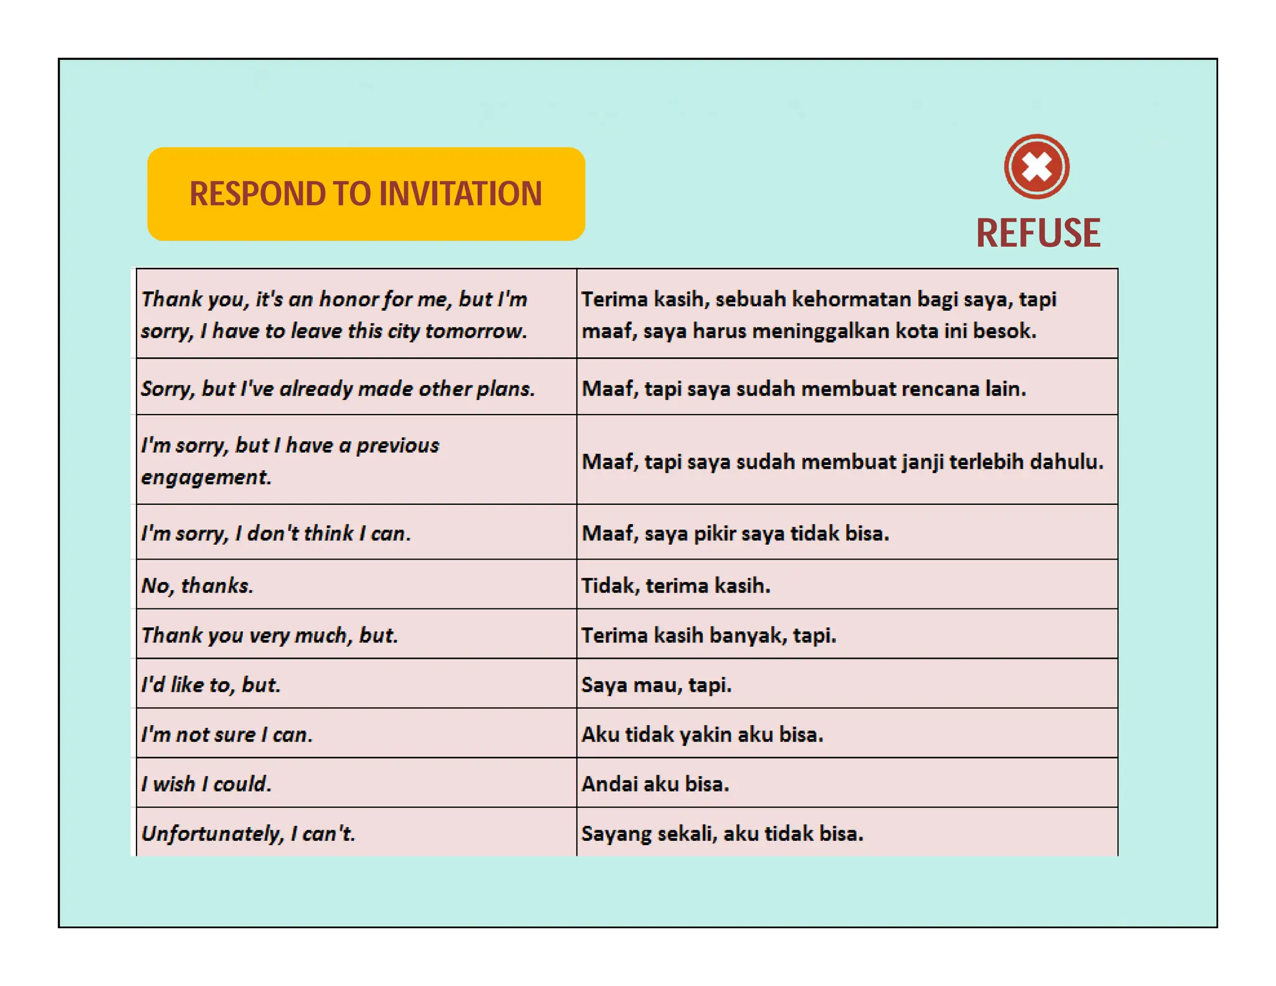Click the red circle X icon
coord(1037,167)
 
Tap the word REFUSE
coord(1038,234)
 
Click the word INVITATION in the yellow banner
coord(460,194)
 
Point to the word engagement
coord(206,477)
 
